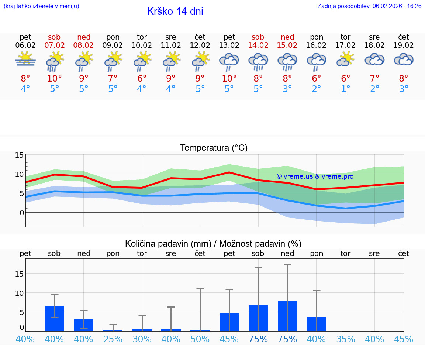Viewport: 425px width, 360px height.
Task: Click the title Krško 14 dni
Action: (175, 11)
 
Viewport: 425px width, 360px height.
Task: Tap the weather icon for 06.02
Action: (25, 59)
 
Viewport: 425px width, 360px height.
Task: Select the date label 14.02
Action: (258, 45)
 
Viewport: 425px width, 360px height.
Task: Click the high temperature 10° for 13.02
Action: (229, 78)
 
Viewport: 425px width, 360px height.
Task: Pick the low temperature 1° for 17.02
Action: (346, 89)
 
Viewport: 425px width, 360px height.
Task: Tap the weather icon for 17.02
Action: (346, 59)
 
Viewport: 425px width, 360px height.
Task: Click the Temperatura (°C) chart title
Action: (214, 148)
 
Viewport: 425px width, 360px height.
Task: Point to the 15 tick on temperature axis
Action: (19, 155)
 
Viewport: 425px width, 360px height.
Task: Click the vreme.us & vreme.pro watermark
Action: (315, 176)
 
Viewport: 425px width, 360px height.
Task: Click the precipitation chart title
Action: (213, 244)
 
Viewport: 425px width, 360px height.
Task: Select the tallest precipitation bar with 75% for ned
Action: (287, 316)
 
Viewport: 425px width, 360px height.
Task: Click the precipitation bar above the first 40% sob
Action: (55, 318)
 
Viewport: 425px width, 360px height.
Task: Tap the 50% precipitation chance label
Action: (200, 339)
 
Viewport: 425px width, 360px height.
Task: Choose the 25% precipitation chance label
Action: (113, 339)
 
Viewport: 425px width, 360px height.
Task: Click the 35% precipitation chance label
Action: (346, 339)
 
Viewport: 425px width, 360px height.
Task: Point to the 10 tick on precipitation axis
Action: (19, 293)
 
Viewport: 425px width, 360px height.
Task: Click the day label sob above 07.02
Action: (54, 37)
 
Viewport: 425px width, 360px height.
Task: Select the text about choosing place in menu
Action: (41, 6)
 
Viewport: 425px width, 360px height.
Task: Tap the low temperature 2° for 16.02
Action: (317, 89)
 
